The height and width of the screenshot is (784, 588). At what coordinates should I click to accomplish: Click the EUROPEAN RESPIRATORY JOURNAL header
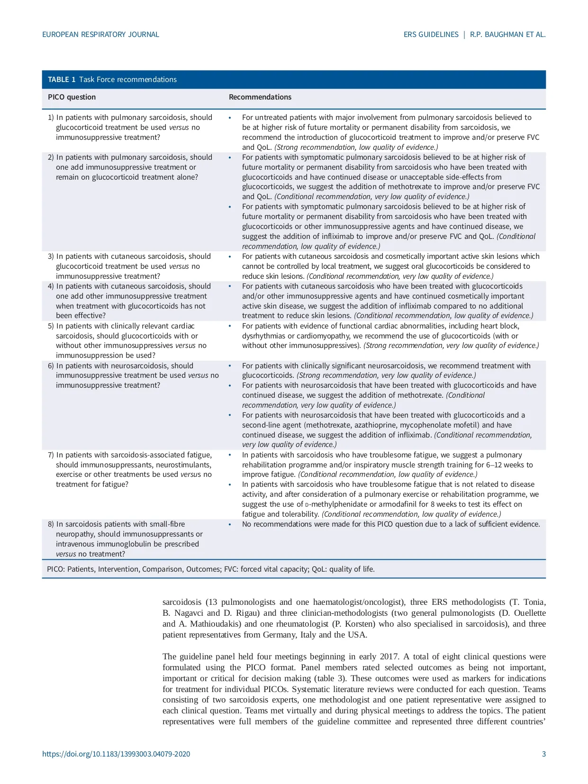(x=100, y=35)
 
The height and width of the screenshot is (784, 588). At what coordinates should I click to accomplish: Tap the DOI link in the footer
(x=116, y=754)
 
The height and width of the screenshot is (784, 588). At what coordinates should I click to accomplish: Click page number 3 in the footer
(x=544, y=754)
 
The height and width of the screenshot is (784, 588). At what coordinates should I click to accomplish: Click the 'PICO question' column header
(x=72, y=97)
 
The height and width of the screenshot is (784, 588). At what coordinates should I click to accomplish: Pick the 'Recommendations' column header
(x=260, y=97)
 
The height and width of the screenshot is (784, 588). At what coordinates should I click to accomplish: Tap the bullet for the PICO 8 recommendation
(x=230, y=524)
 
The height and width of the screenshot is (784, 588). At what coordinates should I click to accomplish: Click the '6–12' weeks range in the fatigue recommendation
(x=495, y=465)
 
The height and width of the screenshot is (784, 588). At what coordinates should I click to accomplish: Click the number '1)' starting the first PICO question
(x=51, y=118)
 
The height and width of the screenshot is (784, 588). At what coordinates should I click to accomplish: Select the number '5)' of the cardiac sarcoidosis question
(x=51, y=326)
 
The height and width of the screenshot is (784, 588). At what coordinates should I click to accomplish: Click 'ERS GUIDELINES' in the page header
(x=431, y=35)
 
